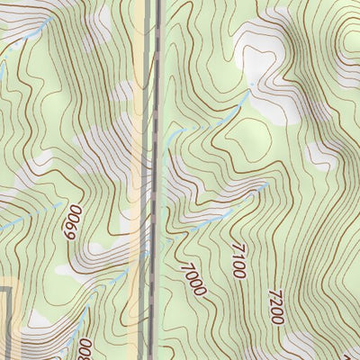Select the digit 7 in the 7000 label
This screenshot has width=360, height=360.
click(x=187, y=266)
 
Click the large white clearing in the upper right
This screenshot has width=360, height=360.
click(x=270, y=90)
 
